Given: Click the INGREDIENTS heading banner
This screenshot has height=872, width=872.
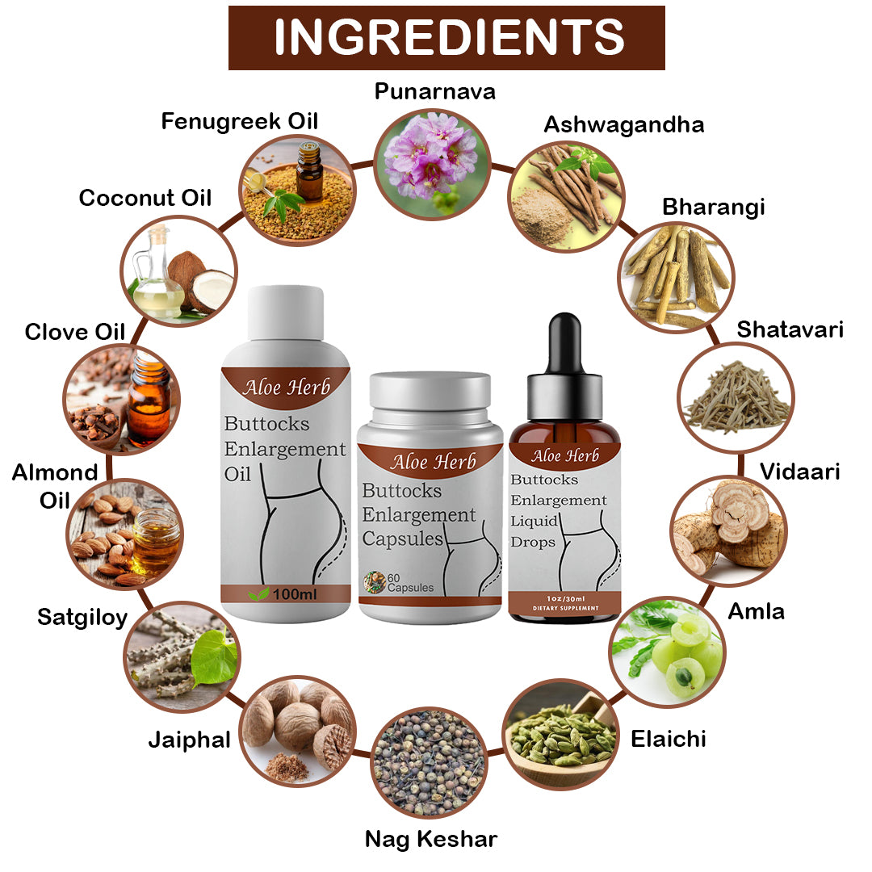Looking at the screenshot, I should tap(446, 37).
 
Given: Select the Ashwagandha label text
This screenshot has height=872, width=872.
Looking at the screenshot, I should tap(623, 124).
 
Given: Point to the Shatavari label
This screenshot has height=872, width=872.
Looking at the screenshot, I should tap(790, 329).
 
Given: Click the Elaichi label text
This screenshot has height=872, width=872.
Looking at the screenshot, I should tap(668, 738).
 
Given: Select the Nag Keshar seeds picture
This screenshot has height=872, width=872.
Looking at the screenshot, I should tap(429, 762).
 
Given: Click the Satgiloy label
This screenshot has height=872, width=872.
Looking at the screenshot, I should tap(82, 618).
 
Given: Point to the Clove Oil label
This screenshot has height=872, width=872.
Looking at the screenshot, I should tap(75, 331).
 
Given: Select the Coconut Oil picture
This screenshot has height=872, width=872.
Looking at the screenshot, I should tap(178, 270).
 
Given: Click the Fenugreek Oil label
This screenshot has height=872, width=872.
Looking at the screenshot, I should tap(240, 121).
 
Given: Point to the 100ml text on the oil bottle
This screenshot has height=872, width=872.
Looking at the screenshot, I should tap(294, 594).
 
